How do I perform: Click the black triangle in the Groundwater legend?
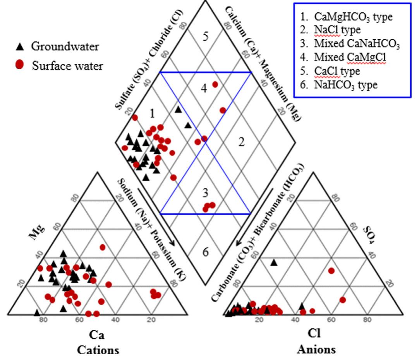[21, 47]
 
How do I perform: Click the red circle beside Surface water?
[21, 65]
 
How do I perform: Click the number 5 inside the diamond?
[206, 36]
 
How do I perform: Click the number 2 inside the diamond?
[242, 142]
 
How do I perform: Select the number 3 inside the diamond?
[206, 192]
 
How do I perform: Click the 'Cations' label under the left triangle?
[98, 350]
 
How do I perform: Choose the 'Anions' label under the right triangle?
[316, 350]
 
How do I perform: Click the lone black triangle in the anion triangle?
[274, 263]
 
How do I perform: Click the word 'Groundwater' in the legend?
[65, 47]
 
